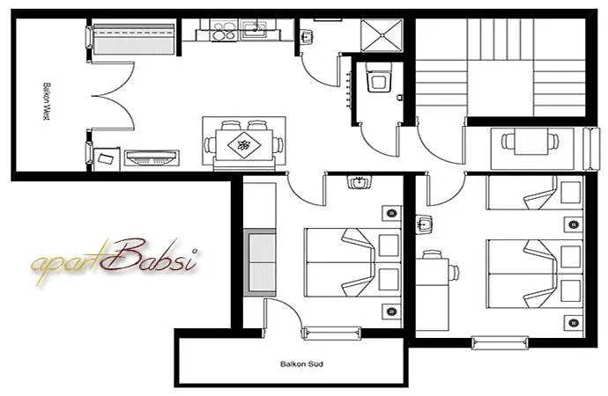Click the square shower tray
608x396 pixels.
pos(381,34)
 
